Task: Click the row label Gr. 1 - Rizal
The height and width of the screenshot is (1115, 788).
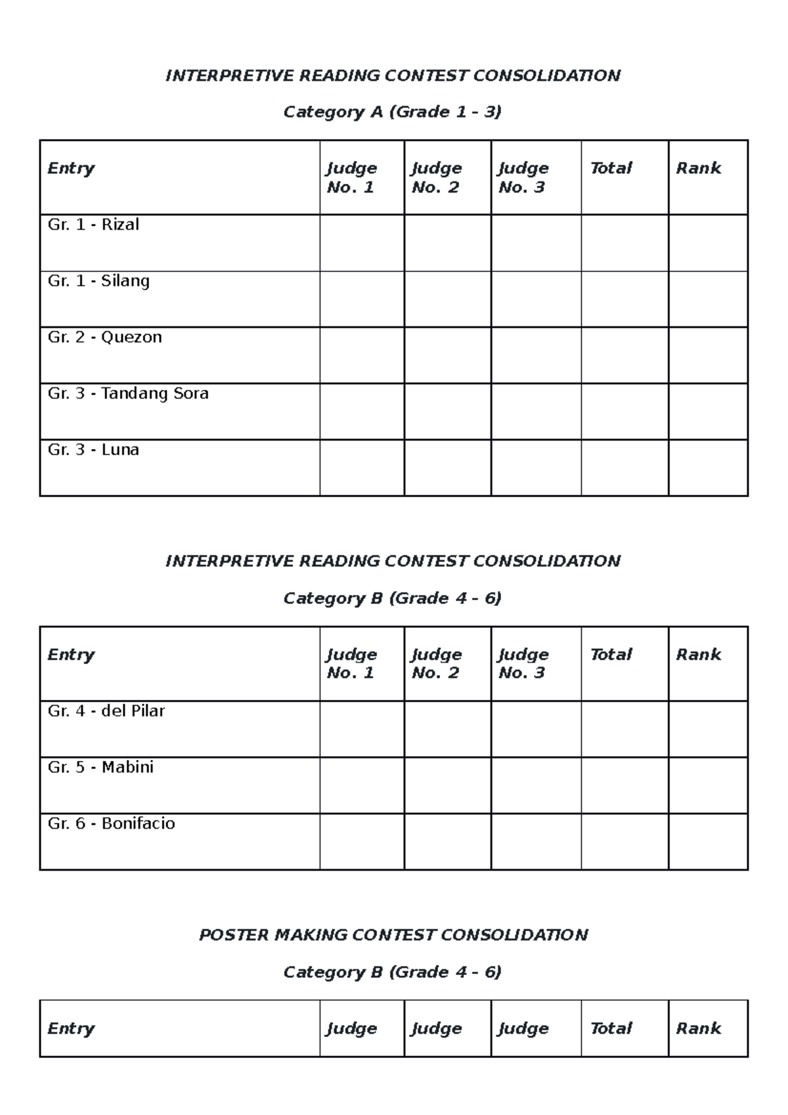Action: (93, 225)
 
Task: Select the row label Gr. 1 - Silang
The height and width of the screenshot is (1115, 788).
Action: (98, 281)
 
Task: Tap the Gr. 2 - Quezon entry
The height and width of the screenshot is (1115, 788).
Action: (104, 338)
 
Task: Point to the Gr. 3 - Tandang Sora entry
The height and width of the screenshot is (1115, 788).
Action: (128, 394)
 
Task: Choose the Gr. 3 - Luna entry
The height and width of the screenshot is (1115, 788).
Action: (93, 450)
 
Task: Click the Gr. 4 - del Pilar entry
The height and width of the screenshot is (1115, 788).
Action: (106, 711)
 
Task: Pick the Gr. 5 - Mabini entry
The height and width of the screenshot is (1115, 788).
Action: (100, 768)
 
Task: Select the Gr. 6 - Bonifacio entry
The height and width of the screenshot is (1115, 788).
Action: (111, 823)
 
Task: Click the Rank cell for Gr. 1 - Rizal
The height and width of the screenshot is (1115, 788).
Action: (708, 243)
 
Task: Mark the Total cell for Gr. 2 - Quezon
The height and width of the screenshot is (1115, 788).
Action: (624, 355)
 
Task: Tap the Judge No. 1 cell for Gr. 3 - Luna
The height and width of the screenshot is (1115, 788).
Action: (362, 468)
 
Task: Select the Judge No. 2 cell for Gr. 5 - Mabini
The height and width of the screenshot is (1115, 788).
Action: (447, 785)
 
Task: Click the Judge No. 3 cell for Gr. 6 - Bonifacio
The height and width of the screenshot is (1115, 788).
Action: (536, 842)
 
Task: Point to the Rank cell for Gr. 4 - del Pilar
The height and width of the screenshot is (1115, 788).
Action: (708, 729)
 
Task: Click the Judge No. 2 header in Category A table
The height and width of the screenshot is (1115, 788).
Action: (436, 178)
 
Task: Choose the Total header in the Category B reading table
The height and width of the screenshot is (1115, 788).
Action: (611, 655)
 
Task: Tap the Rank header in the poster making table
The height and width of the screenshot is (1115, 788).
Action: (698, 1028)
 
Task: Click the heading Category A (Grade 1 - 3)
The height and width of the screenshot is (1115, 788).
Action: (392, 112)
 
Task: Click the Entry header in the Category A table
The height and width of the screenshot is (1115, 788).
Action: (71, 169)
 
